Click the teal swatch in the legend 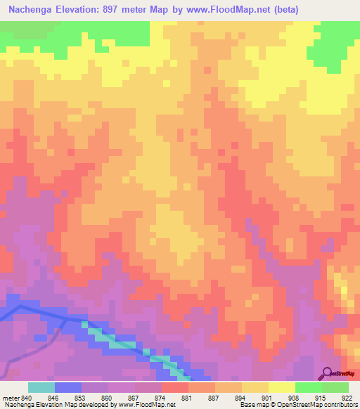coord(41,387)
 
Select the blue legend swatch coord(68,387)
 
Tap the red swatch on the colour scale coord(175,387)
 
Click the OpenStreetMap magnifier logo coord(327,374)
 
